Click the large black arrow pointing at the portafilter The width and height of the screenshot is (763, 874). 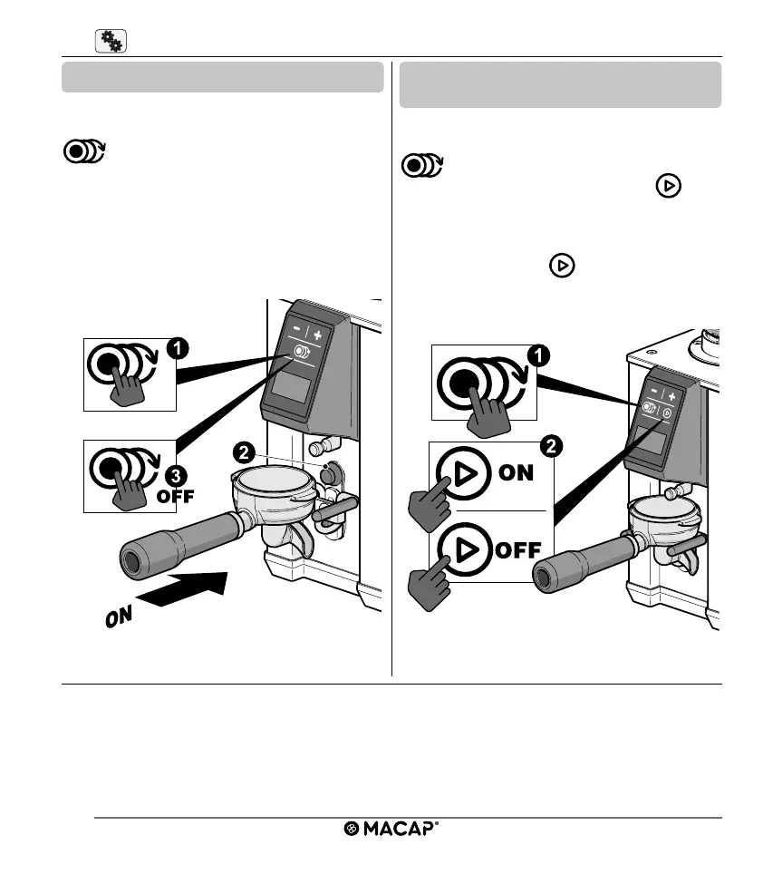[186, 590]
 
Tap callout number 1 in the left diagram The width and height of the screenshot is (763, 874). [179, 347]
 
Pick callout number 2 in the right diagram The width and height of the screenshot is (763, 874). [547, 446]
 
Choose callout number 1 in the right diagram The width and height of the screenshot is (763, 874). [536, 357]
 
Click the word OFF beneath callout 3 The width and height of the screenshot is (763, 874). [176, 496]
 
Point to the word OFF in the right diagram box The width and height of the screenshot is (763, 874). [518, 549]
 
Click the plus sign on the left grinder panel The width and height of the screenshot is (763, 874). [318, 334]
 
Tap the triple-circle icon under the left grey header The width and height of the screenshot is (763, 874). [84, 151]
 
